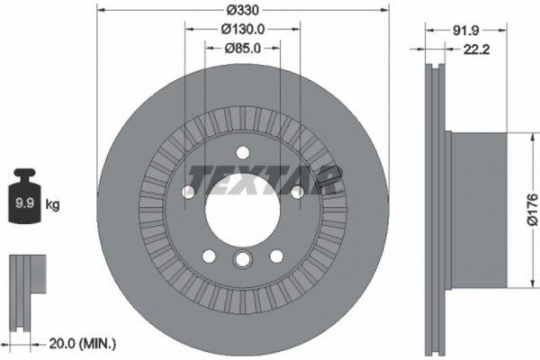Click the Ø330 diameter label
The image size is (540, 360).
tap(240, 10)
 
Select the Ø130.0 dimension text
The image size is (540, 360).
tap(241, 29)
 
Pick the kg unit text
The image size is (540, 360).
tap(53, 206)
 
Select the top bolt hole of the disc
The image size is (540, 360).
tap(241, 151)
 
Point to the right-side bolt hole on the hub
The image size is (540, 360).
tap(296, 191)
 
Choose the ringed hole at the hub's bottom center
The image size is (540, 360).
tap(241, 261)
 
